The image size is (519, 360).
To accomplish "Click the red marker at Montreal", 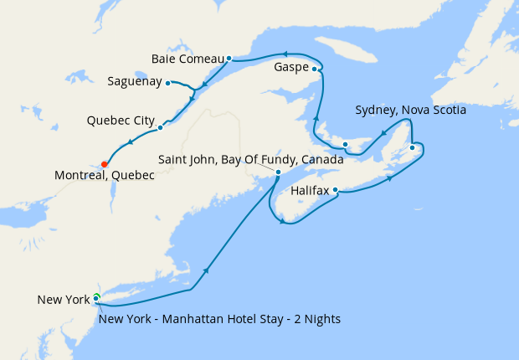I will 104,163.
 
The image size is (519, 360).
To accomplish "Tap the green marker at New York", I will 97,297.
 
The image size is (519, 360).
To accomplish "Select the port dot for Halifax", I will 336,190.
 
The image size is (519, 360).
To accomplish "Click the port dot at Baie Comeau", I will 229,59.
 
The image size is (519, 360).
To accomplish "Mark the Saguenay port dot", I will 168,82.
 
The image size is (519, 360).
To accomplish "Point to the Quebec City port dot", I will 160,128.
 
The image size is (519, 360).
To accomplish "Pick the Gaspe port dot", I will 315,69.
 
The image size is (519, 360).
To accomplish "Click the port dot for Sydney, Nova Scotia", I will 412,148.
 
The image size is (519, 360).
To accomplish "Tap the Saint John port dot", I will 278,173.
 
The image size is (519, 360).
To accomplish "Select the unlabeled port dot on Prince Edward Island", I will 346,145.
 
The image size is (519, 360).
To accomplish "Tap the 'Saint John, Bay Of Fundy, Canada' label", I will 251,159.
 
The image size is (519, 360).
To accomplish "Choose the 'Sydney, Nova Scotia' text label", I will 410,110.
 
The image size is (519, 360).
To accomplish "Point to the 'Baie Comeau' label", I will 188,59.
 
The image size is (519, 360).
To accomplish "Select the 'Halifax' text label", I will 310,191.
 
